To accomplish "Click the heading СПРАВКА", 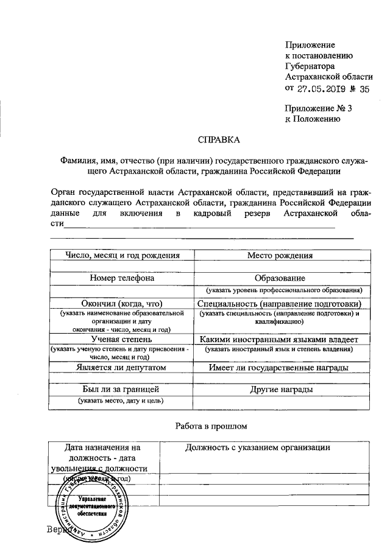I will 219,139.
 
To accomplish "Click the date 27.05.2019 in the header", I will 322,88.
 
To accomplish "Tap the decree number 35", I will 364,88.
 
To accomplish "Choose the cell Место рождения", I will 280,255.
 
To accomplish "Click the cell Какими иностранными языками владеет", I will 280,339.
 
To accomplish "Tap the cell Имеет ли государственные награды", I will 280,367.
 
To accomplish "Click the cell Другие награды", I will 280,388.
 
